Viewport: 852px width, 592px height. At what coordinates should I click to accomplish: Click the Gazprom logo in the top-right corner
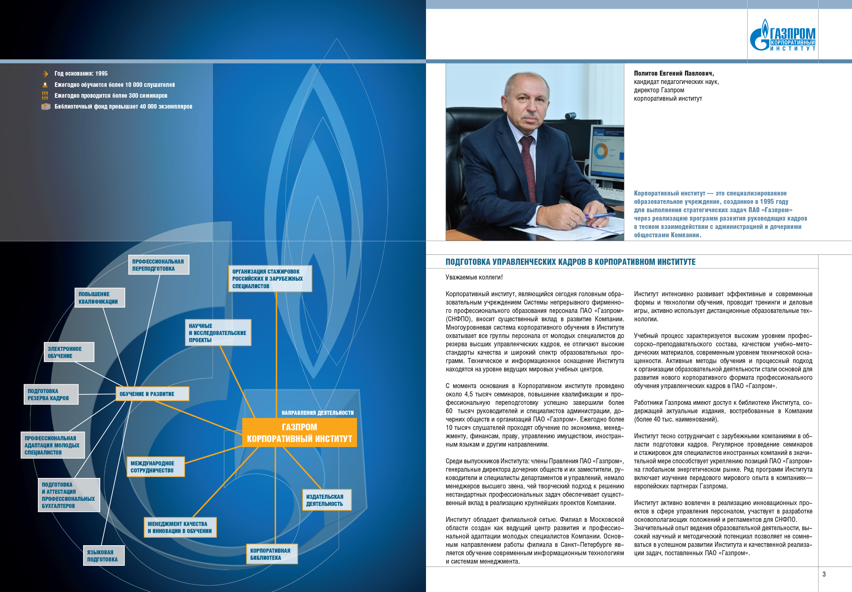[782, 36]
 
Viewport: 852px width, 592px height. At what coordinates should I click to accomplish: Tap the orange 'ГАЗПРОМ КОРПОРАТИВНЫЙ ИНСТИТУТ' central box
[299, 433]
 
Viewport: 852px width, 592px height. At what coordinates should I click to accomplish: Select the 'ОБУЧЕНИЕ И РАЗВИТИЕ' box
[152, 394]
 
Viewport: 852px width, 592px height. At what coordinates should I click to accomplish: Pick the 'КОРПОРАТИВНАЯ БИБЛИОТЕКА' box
[272, 554]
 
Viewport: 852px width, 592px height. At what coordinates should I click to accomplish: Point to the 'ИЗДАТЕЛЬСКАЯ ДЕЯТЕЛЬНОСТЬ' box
[327, 500]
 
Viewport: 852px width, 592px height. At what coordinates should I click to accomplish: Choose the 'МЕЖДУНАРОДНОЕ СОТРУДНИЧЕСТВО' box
[155, 467]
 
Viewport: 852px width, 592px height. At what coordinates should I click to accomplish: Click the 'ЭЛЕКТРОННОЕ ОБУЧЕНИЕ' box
[69, 352]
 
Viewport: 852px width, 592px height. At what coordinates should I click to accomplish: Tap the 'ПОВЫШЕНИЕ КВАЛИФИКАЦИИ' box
[99, 298]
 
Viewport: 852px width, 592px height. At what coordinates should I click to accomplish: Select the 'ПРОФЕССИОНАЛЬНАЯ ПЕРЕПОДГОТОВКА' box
[158, 265]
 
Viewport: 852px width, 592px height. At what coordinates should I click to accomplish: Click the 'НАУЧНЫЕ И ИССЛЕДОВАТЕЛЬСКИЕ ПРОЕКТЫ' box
[218, 333]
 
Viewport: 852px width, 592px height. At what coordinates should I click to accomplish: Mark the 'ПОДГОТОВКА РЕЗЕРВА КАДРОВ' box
[51, 394]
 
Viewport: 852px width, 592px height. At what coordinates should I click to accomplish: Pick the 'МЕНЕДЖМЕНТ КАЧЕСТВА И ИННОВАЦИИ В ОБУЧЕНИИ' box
[180, 527]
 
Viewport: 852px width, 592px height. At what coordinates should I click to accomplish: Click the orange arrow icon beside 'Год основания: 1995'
[45, 74]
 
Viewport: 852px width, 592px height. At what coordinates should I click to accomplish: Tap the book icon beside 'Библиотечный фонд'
[46, 107]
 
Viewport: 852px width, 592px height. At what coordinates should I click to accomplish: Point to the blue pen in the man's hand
[599, 216]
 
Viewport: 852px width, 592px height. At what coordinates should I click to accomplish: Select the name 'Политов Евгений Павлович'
[674, 74]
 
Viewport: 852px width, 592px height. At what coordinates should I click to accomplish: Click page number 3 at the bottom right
[824, 574]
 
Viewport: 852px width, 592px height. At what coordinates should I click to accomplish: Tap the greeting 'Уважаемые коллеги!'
[474, 277]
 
